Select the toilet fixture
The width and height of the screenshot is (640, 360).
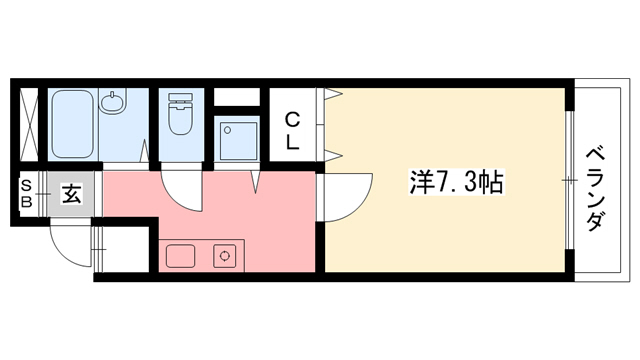tap(181, 114)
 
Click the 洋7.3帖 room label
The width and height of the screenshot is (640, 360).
tap(456, 182)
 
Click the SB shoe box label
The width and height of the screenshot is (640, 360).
tap(27, 193)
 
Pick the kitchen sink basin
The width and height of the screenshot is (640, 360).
tap(181, 257)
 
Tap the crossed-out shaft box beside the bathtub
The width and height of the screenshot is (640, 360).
tap(29, 125)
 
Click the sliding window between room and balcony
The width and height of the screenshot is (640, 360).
tap(570, 180)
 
